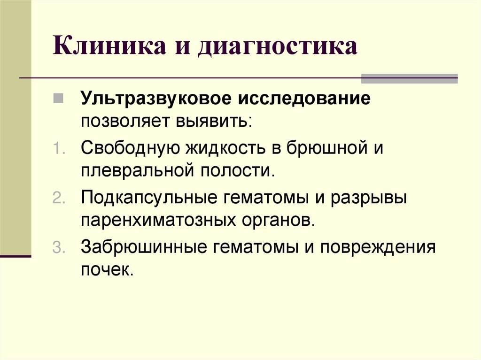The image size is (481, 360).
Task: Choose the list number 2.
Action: click(x=58, y=198)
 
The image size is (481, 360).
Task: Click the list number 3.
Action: click(x=58, y=247)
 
